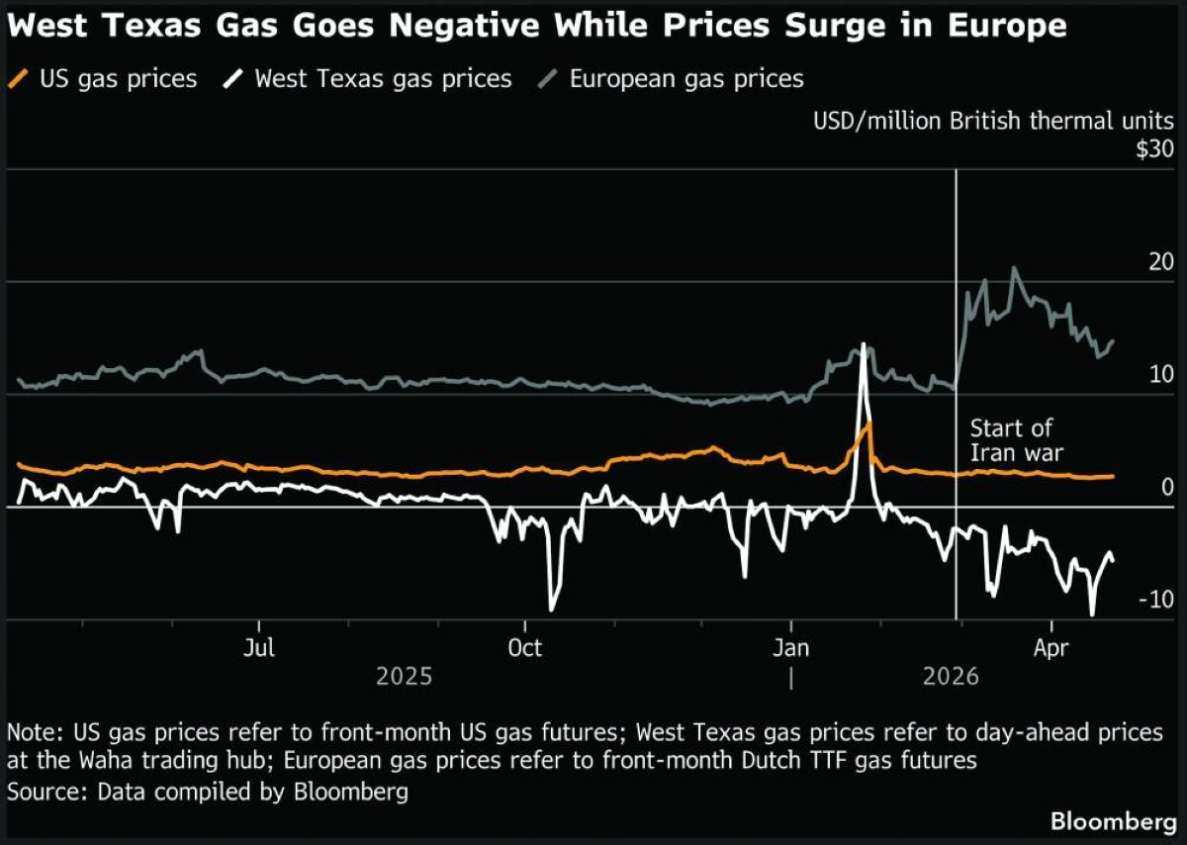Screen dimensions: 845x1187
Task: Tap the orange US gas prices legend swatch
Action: [20, 78]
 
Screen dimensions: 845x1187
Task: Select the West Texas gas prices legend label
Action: [383, 78]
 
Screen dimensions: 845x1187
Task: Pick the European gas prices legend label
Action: [686, 78]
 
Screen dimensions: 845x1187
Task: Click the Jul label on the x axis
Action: [259, 648]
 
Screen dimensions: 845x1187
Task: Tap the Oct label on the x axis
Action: [524, 648]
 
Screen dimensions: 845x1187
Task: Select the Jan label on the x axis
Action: [790, 648]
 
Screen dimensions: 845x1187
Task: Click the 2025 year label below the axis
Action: [405, 677]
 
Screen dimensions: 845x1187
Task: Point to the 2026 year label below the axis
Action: [950, 677]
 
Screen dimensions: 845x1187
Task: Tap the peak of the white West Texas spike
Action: [864, 344]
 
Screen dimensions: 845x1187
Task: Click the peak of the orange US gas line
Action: [868, 423]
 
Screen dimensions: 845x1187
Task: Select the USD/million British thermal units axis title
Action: [993, 122]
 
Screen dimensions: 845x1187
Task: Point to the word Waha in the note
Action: [136, 761]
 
